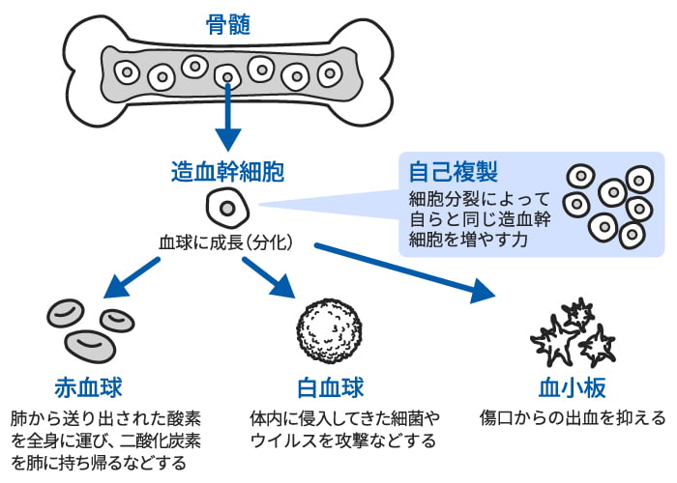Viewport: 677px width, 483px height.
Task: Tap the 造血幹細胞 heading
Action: coord(227,173)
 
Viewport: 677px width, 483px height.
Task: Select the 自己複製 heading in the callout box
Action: coord(454,173)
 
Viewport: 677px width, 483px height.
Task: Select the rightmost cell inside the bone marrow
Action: coord(330,72)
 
